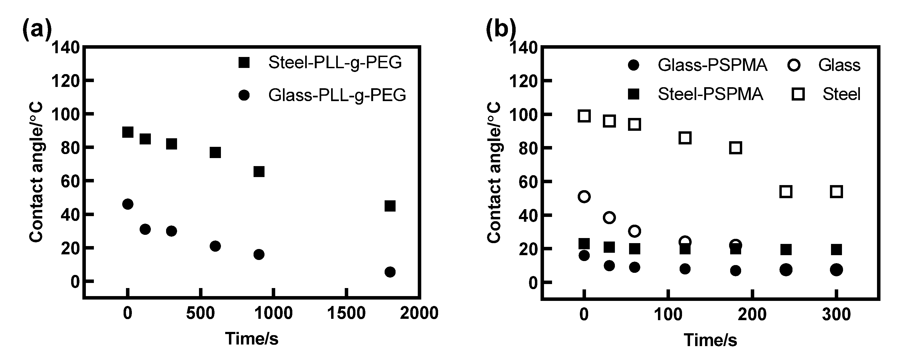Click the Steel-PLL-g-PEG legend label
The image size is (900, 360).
click(x=335, y=63)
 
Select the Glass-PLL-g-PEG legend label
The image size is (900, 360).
click(x=337, y=95)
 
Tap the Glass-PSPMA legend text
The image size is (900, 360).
click(x=713, y=65)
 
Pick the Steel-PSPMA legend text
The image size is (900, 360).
click(x=710, y=94)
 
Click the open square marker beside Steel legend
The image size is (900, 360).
click(x=798, y=94)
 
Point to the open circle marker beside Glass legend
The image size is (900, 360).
click(x=794, y=65)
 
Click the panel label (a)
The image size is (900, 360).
click(x=37, y=29)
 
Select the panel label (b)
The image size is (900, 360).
click(x=501, y=29)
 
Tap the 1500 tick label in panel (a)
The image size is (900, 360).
click(x=346, y=313)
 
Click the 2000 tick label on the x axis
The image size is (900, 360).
click(x=419, y=313)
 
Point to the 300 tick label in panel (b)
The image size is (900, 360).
click(x=836, y=315)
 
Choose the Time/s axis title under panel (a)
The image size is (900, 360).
click(x=252, y=338)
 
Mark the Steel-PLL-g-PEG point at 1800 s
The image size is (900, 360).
click(x=390, y=206)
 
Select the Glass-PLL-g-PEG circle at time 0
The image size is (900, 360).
click(x=128, y=204)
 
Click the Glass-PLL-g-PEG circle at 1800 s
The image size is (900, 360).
click(x=390, y=272)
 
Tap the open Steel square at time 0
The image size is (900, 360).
click(x=584, y=116)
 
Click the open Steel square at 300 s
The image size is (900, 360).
click(x=836, y=192)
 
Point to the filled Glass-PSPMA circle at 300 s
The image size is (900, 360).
click(x=836, y=270)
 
